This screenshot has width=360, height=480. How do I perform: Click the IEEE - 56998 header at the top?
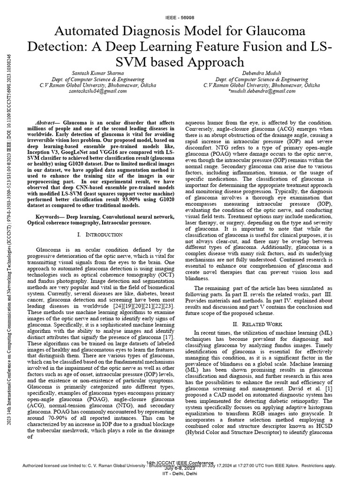tap(180, 17)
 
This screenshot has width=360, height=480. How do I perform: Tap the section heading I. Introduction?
tap(99, 234)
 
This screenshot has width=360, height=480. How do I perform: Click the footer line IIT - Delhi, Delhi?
tap(180, 474)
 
